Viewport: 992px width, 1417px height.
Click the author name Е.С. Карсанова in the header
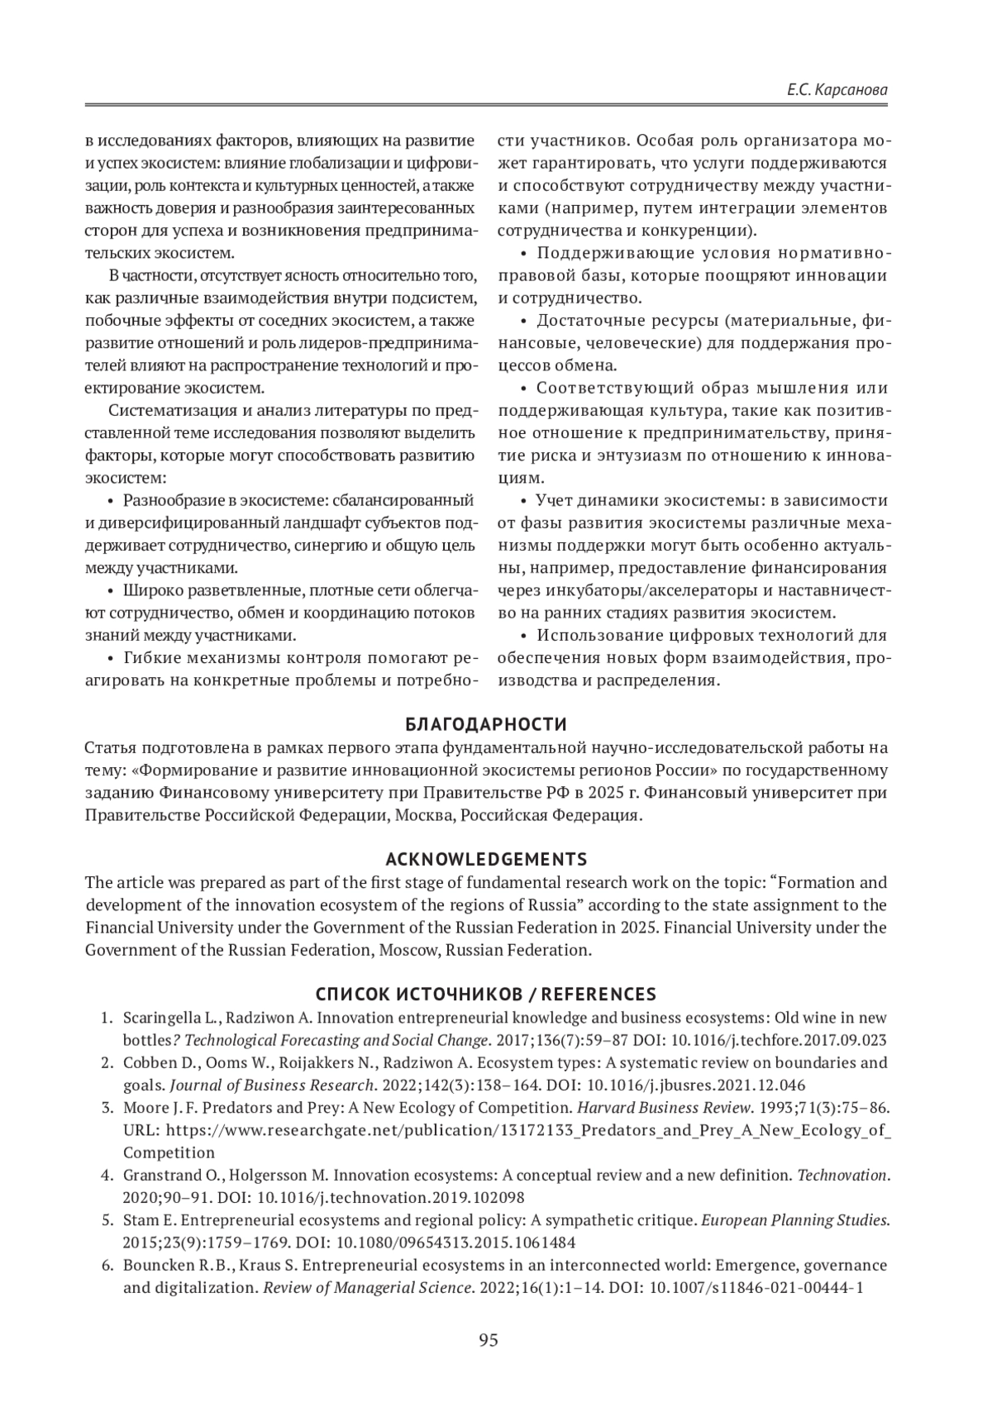(x=838, y=88)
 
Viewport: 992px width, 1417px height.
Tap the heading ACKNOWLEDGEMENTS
(x=486, y=858)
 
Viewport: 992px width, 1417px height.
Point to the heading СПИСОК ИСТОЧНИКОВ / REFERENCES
(x=486, y=993)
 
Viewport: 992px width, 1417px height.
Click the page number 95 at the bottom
(x=489, y=1340)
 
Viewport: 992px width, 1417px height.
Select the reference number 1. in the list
(x=107, y=1017)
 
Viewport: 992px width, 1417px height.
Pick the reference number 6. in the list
(x=107, y=1265)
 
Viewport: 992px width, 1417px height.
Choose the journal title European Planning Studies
(x=795, y=1219)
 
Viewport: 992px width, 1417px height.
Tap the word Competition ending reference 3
(x=169, y=1152)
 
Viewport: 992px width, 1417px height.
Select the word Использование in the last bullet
(x=589, y=636)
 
